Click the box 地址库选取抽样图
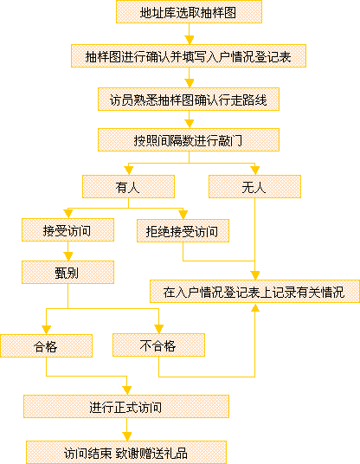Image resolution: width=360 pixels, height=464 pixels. (x=189, y=12)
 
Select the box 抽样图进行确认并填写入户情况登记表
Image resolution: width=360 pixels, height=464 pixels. (x=189, y=56)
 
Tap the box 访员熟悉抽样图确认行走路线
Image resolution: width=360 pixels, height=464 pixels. (x=189, y=100)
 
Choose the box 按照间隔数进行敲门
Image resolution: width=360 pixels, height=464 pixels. (x=189, y=140)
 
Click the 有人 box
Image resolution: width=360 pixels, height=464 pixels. (x=128, y=187)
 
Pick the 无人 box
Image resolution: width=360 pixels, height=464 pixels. (x=254, y=187)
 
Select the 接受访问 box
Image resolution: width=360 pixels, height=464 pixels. (x=67, y=230)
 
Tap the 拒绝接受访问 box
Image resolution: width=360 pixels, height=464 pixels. (x=183, y=231)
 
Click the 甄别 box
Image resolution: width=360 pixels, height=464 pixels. (x=67, y=272)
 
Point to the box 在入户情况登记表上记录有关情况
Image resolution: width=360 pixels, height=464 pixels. (x=254, y=292)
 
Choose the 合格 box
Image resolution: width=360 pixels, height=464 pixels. (x=46, y=346)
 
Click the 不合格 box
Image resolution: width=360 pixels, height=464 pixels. (x=158, y=345)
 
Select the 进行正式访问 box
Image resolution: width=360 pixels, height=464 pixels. (x=126, y=407)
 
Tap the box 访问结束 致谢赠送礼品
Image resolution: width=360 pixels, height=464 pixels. (x=126, y=453)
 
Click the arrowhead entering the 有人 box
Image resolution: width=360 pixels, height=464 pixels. (x=128, y=171)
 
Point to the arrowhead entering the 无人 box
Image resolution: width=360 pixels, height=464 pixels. (x=254, y=171)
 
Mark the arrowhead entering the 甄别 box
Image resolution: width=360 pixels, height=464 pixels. (x=68, y=256)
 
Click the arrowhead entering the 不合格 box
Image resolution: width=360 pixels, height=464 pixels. (x=159, y=329)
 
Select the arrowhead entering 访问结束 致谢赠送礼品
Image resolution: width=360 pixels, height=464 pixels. (x=127, y=436)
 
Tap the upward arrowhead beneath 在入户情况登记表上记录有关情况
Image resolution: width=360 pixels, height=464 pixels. (x=255, y=307)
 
